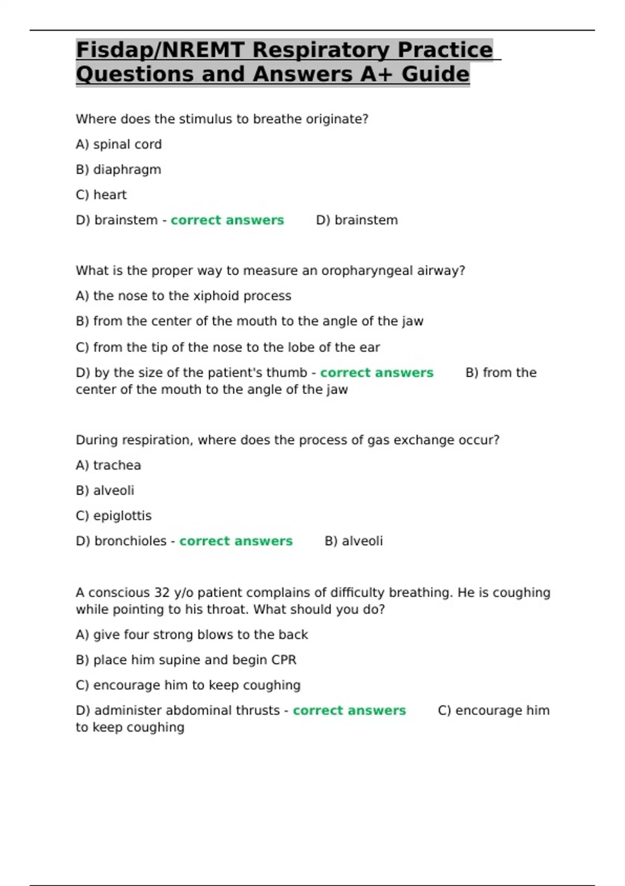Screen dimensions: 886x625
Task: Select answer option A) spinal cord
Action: coord(119,144)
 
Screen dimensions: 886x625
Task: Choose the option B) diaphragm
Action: coord(119,170)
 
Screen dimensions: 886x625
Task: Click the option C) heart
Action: coord(101,195)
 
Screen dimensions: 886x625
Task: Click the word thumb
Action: coord(286,373)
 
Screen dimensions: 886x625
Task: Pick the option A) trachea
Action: coord(108,465)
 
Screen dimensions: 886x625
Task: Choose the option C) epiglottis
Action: coord(114,516)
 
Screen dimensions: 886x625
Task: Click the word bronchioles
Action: coord(130,541)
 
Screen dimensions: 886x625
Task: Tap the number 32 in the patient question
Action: coord(162,593)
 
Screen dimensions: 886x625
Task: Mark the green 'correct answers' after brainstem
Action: coord(227,220)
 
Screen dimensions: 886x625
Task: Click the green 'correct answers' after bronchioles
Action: coord(236,541)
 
